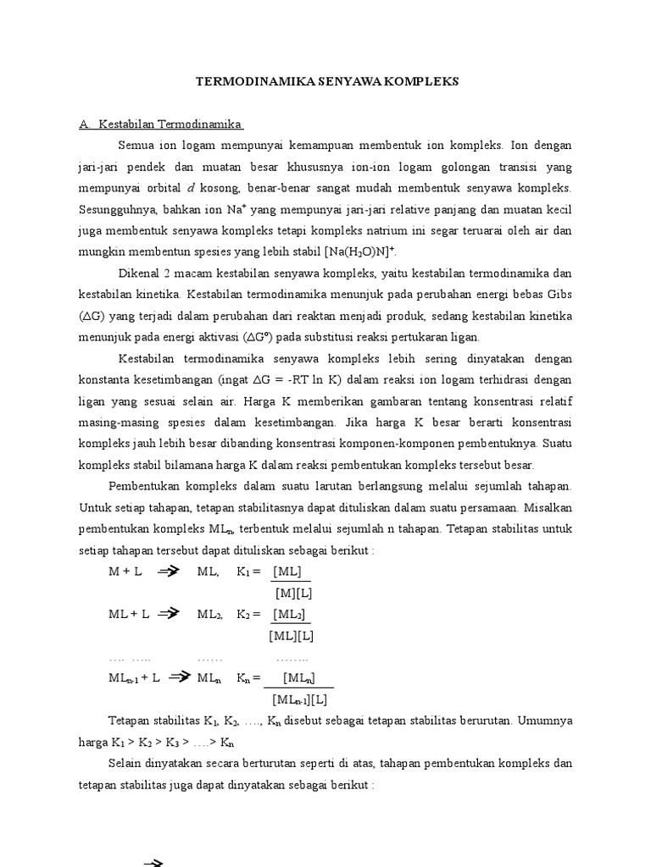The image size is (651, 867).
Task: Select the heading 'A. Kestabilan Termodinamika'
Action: point(161,124)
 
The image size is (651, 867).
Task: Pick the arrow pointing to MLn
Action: point(181,677)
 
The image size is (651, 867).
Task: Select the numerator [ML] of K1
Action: point(287,572)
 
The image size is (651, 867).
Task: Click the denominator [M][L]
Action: point(293,593)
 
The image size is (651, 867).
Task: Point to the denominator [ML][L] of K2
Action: point(291,635)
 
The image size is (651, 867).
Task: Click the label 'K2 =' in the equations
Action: point(248,614)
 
